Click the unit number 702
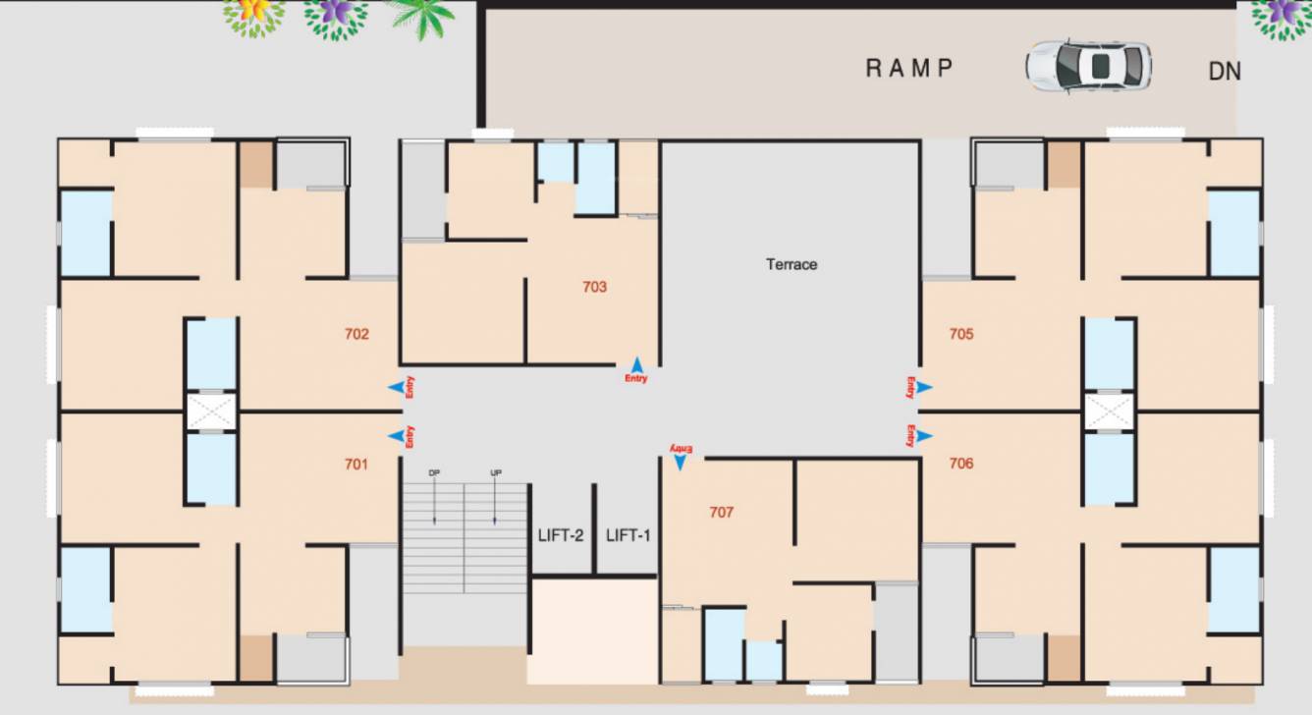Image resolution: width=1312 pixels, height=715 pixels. click(356, 334)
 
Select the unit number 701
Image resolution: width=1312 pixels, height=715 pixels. click(356, 464)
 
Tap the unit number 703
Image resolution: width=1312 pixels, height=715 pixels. click(594, 287)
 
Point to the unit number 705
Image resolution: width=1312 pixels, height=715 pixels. click(961, 334)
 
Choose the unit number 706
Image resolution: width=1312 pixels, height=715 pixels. click(961, 463)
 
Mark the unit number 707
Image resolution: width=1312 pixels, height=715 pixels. click(721, 512)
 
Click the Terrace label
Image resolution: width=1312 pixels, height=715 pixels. click(792, 264)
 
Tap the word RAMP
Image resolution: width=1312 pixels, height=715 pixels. click(909, 69)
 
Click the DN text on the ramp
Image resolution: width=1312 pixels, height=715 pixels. click(1225, 72)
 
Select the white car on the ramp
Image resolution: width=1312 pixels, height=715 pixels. click(1088, 66)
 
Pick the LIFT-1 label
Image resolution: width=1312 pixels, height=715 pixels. click(629, 535)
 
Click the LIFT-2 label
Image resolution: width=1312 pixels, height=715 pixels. click(561, 535)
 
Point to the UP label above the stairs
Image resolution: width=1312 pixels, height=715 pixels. click(496, 473)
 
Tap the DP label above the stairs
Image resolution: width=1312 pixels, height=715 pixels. click(434, 473)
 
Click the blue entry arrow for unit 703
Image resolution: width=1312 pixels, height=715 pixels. click(636, 363)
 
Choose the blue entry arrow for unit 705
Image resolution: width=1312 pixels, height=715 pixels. click(924, 387)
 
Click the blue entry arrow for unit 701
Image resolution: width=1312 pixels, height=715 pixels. click(396, 436)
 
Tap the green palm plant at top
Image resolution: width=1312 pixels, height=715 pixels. click(421, 18)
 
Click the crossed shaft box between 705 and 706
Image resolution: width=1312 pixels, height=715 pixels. click(1108, 411)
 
